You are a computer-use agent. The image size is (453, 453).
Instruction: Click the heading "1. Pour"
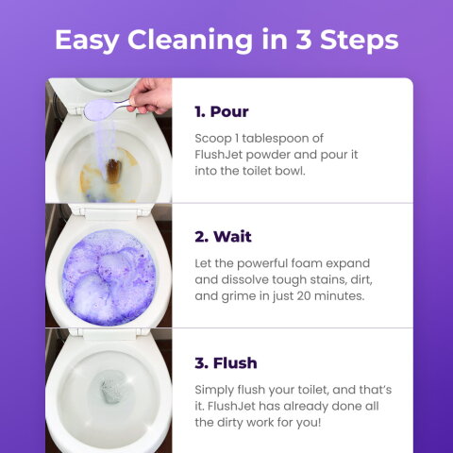pyautogui.click(x=222, y=111)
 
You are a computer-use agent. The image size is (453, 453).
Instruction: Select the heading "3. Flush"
pyautogui.click(x=226, y=362)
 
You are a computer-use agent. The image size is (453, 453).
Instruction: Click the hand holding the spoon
pyautogui.click(x=152, y=95)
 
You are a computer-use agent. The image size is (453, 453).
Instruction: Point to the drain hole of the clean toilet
pyautogui.click(x=112, y=389)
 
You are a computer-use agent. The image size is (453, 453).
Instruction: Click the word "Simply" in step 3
pyautogui.click(x=213, y=389)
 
